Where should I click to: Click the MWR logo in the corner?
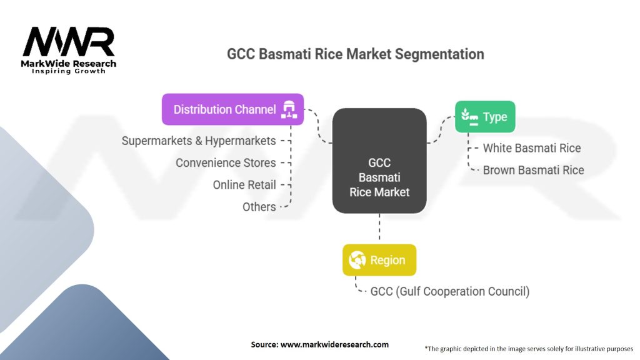pos(69,44)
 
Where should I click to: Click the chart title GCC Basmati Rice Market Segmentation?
pos(355,54)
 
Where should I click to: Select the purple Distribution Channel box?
pos(232,109)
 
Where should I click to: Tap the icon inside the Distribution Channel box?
pos(289,109)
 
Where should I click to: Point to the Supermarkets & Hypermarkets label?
pos(199,141)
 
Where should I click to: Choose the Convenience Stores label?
pos(226,162)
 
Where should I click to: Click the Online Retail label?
pos(244,185)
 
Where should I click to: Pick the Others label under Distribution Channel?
pos(259,207)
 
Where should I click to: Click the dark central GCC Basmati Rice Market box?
pos(379,161)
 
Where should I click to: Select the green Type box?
pos(485,117)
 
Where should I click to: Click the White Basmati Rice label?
pos(532,148)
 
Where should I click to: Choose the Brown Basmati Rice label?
pos(533,170)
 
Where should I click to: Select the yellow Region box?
pos(379,260)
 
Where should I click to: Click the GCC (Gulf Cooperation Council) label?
pos(450,291)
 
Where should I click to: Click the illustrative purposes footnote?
pos(529,348)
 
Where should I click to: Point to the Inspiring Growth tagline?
pos(69,71)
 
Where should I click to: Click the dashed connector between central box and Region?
pos(379,229)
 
